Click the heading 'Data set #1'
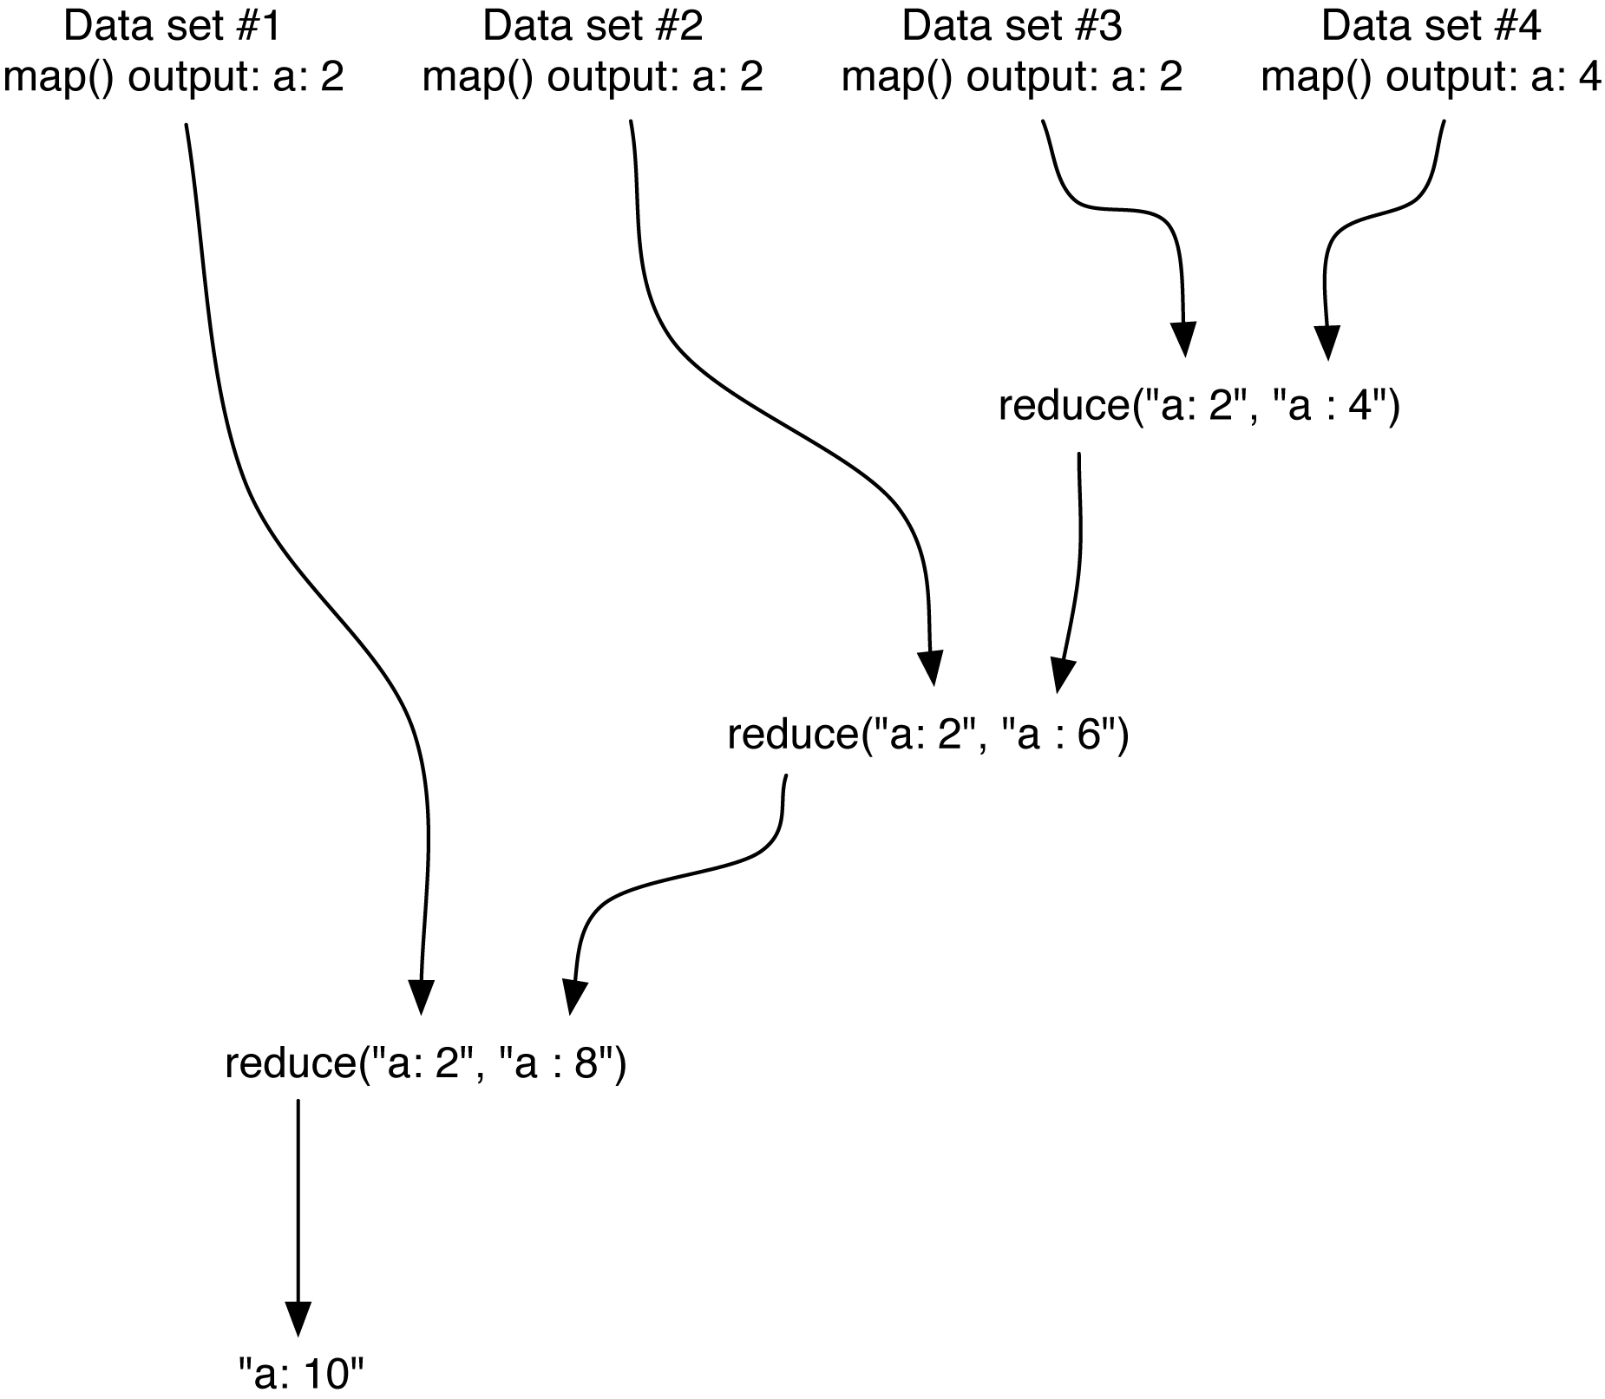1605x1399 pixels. (173, 27)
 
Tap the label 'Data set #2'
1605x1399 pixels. (593, 27)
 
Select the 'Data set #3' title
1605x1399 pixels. (1012, 27)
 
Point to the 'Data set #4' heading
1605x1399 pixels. (1431, 27)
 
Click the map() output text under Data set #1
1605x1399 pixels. (174, 78)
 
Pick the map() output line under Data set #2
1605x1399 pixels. (593, 78)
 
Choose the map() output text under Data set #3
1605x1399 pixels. (1012, 78)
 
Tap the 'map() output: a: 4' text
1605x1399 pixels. (1431, 78)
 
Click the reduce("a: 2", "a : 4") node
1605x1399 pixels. (1199, 407)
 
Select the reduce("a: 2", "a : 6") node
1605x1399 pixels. (927, 735)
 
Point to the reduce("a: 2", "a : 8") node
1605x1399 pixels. (425, 1063)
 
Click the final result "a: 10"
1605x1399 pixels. (301, 1375)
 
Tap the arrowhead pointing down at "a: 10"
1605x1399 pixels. (298, 1318)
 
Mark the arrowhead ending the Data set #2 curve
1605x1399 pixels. (931, 668)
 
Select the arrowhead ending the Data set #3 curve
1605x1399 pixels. (1183, 339)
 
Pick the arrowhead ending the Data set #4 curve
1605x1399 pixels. (1326, 341)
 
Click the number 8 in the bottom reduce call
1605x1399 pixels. (586, 1063)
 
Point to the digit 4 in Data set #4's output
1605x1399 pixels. (1589, 78)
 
